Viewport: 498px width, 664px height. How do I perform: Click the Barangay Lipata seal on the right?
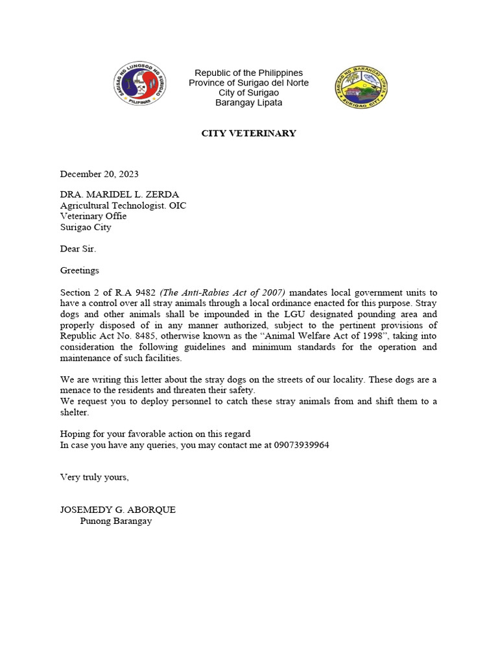pyautogui.click(x=361, y=88)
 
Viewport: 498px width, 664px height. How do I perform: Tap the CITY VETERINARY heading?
pyautogui.click(x=248, y=134)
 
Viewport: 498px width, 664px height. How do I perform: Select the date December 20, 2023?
pyautogui.click(x=99, y=174)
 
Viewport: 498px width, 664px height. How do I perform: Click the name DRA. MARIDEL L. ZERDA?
pyautogui.click(x=120, y=195)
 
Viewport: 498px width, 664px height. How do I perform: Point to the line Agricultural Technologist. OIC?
pyautogui.click(x=123, y=206)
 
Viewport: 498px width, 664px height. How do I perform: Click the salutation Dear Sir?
pyautogui.click(x=78, y=248)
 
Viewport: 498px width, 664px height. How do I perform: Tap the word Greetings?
pyautogui.click(x=80, y=270)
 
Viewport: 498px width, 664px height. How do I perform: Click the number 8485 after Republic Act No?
pyautogui.click(x=147, y=336)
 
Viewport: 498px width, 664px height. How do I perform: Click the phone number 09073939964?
pyautogui.click(x=302, y=445)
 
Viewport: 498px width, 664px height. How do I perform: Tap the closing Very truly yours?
pyautogui.click(x=95, y=477)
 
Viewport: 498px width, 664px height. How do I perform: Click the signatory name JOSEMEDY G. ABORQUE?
pyautogui.click(x=118, y=510)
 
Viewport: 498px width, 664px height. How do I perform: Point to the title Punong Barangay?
pyautogui.click(x=116, y=521)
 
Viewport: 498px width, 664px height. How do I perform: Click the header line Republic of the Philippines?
pyautogui.click(x=248, y=73)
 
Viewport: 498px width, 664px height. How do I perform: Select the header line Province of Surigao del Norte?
pyautogui.click(x=248, y=83)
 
